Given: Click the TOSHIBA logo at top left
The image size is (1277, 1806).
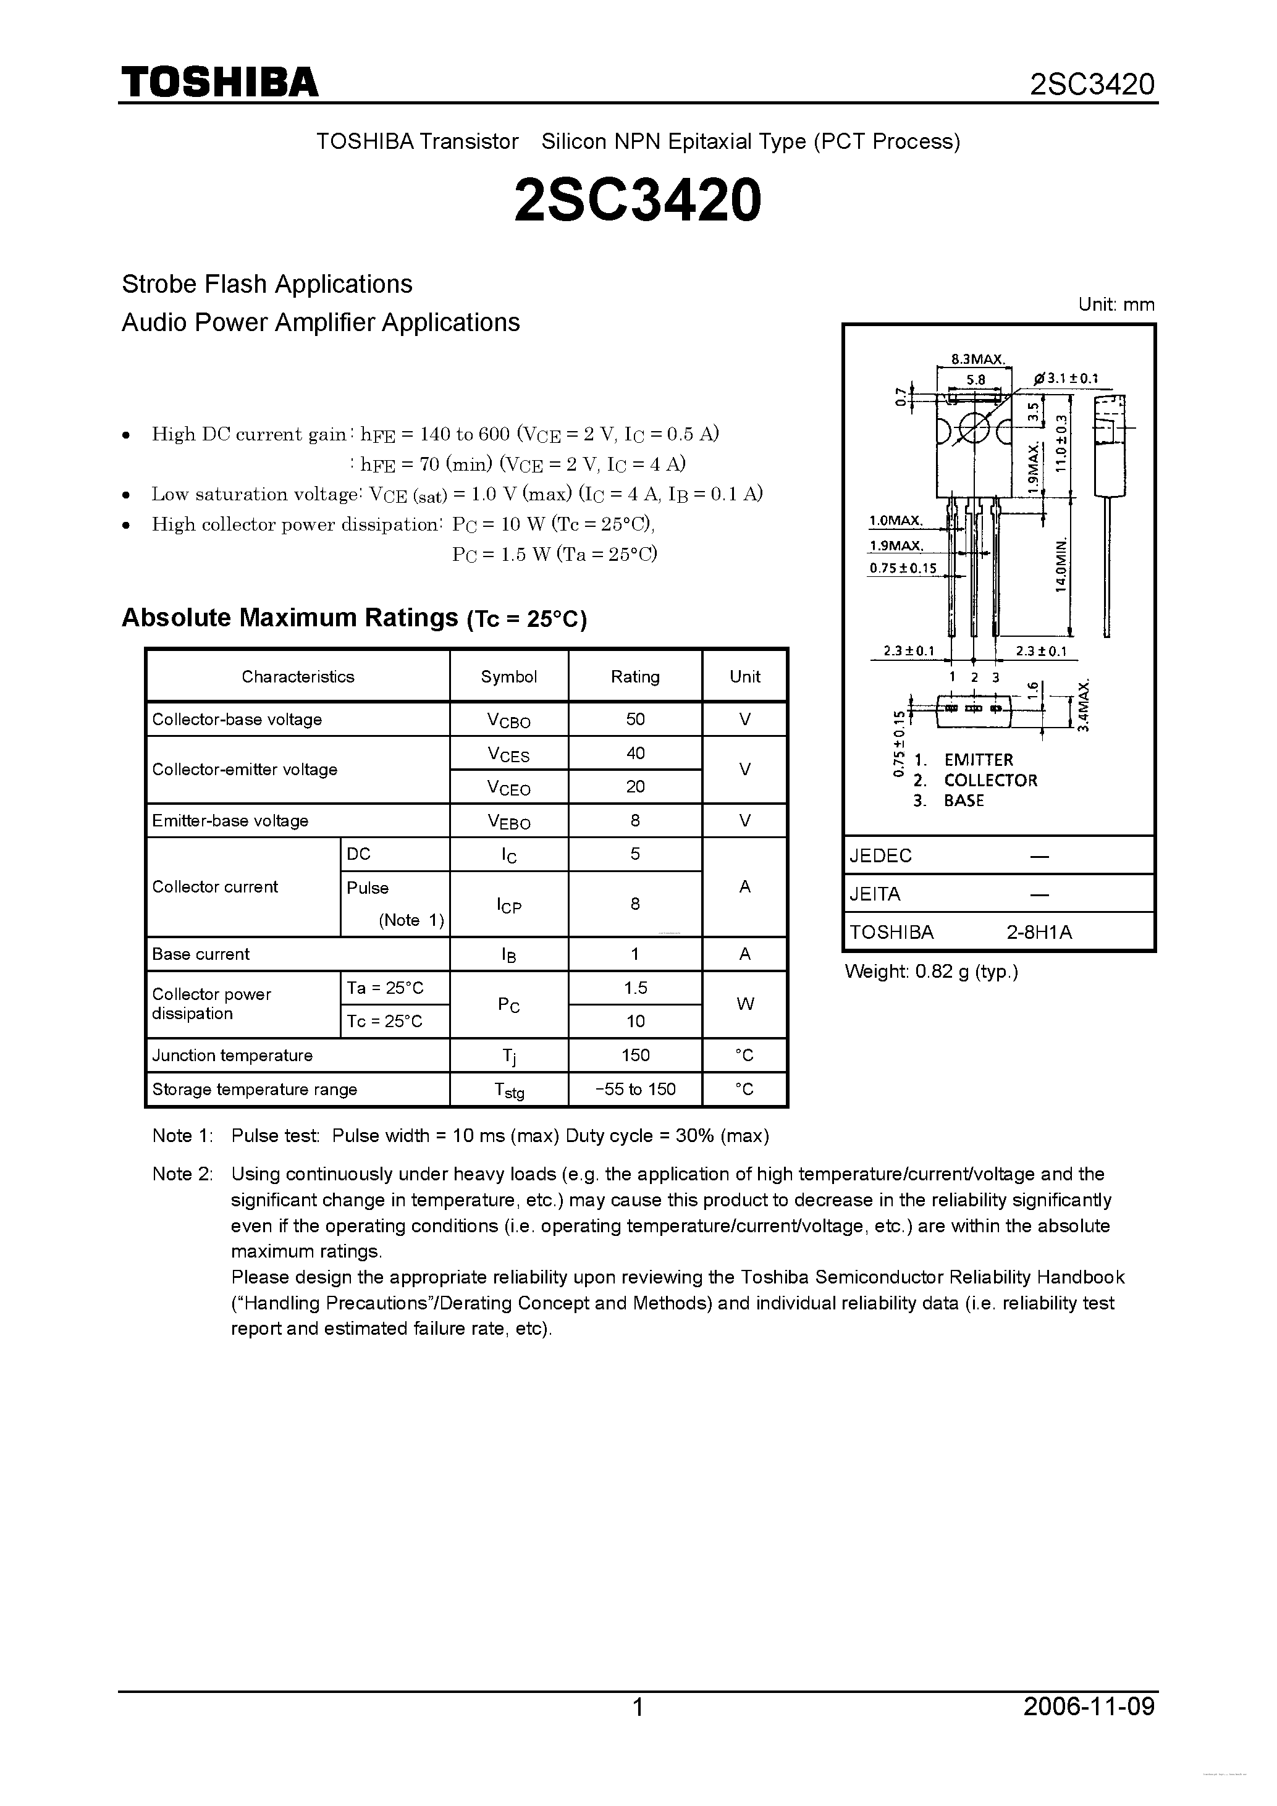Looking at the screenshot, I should click(x=219, y=82).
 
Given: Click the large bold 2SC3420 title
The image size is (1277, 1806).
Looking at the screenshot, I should click(x=638, y=199).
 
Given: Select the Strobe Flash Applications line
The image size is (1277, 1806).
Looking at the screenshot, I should click(x=267, y=284).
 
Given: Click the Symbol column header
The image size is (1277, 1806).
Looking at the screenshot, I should click(x=508, y=676).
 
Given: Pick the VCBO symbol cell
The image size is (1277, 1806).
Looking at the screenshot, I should click(x=508, y=720).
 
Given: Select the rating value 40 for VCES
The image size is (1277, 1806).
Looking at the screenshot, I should click(x=635, y=753).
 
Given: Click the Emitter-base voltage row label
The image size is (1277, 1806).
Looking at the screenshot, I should click(x=230, y=820).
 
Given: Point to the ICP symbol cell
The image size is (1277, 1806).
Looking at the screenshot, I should click(x=508, y=905).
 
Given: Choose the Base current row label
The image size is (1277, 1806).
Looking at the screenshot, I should click(x=201, y=954).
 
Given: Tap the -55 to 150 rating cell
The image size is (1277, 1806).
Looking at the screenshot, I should click(x=635, y=1090).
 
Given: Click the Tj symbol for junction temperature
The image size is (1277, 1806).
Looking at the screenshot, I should click(x=508, y=1056).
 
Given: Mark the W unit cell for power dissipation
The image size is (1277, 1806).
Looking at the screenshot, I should click(x=744, y=1004).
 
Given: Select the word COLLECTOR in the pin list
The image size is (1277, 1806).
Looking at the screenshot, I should click(x=990, y=780).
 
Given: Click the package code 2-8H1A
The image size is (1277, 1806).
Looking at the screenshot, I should click(x=1039, y=932).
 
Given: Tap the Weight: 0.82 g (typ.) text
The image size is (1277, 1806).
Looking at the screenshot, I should click(x=932, y=972).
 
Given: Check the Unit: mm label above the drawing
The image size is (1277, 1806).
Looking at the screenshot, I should click(x=1116, y=305).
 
